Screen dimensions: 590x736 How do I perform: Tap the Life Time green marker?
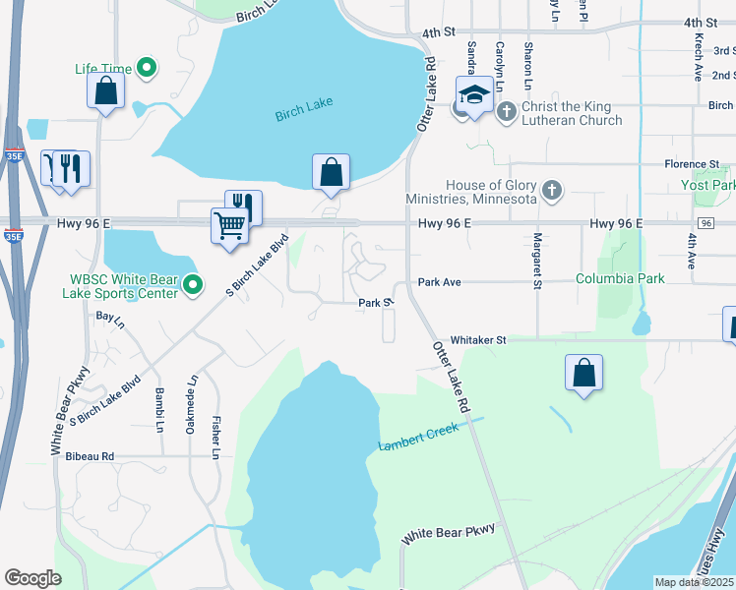[x=148, y=68]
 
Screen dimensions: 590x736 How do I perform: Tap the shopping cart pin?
[x=230, y=224]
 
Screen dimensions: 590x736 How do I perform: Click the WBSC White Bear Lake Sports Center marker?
[x=193, y=287]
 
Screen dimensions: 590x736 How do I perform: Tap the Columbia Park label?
[x=620, y=279]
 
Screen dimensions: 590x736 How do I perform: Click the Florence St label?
[x=692, y=164]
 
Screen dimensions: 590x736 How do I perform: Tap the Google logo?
[x=32, y=578]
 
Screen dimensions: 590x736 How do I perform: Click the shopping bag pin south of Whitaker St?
[x=584, y=373]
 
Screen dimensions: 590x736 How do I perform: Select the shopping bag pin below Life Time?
[x=105, y=91]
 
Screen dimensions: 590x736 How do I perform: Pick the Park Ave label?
[x=439, y=282]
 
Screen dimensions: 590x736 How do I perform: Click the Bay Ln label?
[x=110, y=319]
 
